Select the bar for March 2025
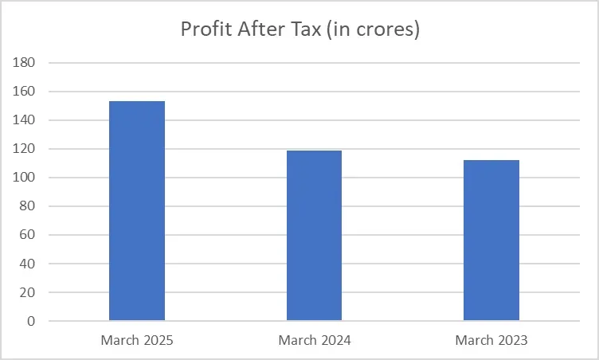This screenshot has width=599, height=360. click(137, 211)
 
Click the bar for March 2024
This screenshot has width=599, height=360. click(314, 236)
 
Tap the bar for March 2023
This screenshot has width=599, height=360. click(491, 241)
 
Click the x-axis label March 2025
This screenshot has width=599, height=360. click(137, 341)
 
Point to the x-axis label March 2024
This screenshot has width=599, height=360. click(315, 341)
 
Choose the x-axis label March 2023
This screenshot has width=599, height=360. click(491, 341)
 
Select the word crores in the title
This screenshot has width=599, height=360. click(386, 30)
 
